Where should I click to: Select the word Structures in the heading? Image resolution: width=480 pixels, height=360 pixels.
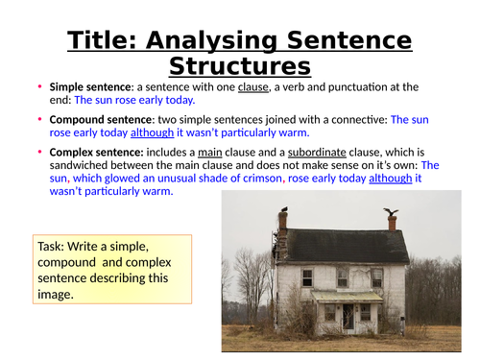[x=240, y=66]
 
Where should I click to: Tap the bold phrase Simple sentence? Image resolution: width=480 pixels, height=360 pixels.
[x=84, y=86]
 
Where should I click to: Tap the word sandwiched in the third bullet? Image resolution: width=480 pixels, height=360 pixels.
[x=82, y=165]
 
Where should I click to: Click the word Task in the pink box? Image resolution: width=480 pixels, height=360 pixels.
[x=52, y=246]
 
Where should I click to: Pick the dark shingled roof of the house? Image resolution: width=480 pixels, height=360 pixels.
[x=336, y=246]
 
